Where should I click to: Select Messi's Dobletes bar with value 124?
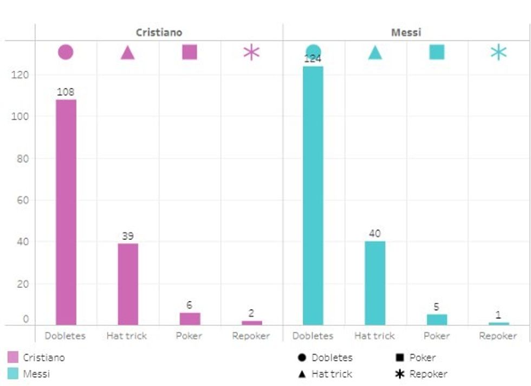(x=313, y=195)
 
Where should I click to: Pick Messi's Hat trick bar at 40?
(x=375, y=282)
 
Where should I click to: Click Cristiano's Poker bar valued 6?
(x=190, y=319)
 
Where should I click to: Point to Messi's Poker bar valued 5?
(x=437, y=319)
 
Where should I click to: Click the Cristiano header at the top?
(x=159, y=33)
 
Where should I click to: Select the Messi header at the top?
(x=406, y=33)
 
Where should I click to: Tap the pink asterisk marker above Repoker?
(x=251, y=53)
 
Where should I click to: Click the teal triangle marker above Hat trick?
(x=375, y=53)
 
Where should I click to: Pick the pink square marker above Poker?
(x=190, y=53)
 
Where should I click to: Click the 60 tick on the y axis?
(x=22, y=200)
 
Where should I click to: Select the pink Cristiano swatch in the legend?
(x=13, y=357)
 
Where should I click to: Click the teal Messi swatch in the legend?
(x=13, y=374)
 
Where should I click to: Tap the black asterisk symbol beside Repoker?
(x=400, y=374)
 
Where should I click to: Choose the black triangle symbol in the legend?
(x=302, y=374)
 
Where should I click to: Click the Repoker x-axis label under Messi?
(x=498, y=336)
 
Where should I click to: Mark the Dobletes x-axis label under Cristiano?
(x=65, y=336)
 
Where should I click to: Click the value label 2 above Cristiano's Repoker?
(x=251, y=313)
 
